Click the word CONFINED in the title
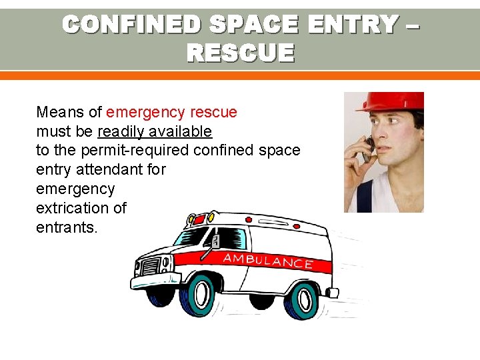pyautogui.click(x=131, y=25)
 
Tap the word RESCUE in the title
pyautogui.click(x=240, y=52)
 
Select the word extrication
pyautogui.click(x=73, y=209)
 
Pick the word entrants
pyautogui.click(x=67, y=228)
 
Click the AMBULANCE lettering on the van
pyautogui.click(x=268, y=260)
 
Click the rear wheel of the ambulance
pyautogui.click(x=304, y=300)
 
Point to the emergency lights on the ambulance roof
pyautogui.click(x=199, y=219)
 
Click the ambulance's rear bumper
pyautogui.click(x=331, y=292)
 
